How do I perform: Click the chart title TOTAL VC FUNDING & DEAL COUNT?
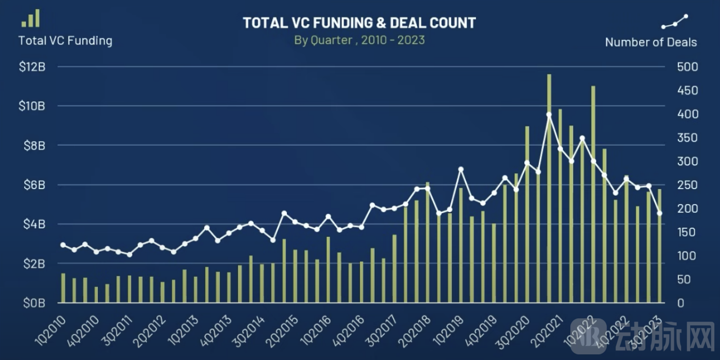coord(359,23)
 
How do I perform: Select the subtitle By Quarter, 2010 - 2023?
coord(359,40)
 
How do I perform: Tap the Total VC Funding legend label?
coord(65,41)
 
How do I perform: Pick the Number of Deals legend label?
coord(651,42)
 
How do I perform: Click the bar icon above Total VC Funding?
coord(31,18)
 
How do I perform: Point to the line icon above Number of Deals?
coord(674,22)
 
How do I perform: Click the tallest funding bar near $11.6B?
coord(549,188)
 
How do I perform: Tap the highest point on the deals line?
coord(549,115)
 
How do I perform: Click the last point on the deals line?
coord(660,213)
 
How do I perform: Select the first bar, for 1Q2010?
coord(63,288)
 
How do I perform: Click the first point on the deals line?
coord(63,245)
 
